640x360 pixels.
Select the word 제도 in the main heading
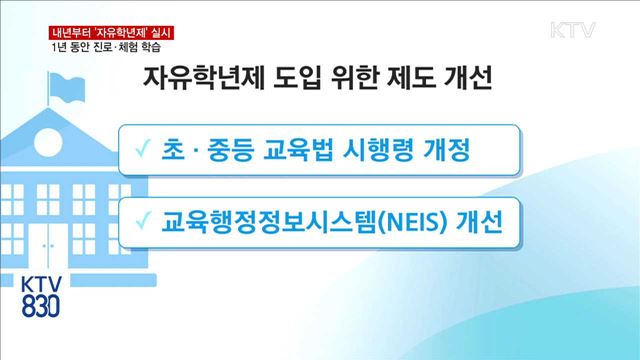pos(408,80)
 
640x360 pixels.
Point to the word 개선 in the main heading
pos(467,80)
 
